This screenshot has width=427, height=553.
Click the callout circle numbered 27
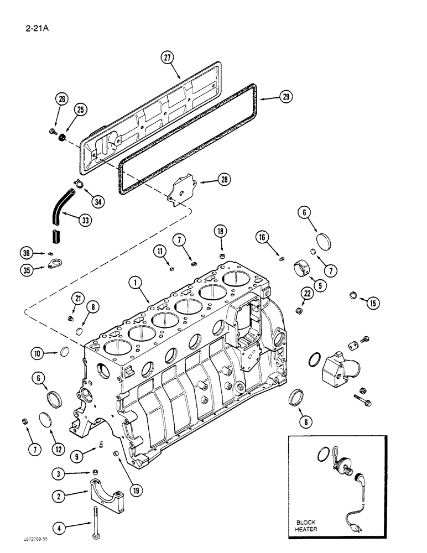point(168,58)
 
